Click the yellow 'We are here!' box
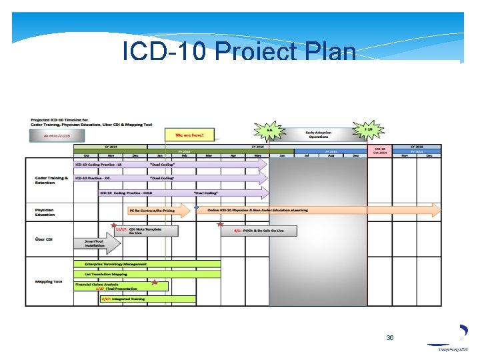[x=189, y=135]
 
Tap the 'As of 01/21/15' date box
[x=57, y=135]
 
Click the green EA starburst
[x=269, y=130]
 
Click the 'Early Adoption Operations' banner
[x=318, y=135]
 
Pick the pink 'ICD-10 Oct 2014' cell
[x=380, y=151]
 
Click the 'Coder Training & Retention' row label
[x=49, y=179]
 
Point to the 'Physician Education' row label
[x=45, y=212]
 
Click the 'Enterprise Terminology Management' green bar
[x=147, y=264]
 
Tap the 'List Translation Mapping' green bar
[x=147, y=273]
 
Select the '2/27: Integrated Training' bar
[x=147, y=299]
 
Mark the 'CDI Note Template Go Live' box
[x=147, y=231]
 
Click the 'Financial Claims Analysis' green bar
[x=120, y=286]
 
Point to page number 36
[x=390, y=338]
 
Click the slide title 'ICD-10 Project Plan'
[x=239, y=51]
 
